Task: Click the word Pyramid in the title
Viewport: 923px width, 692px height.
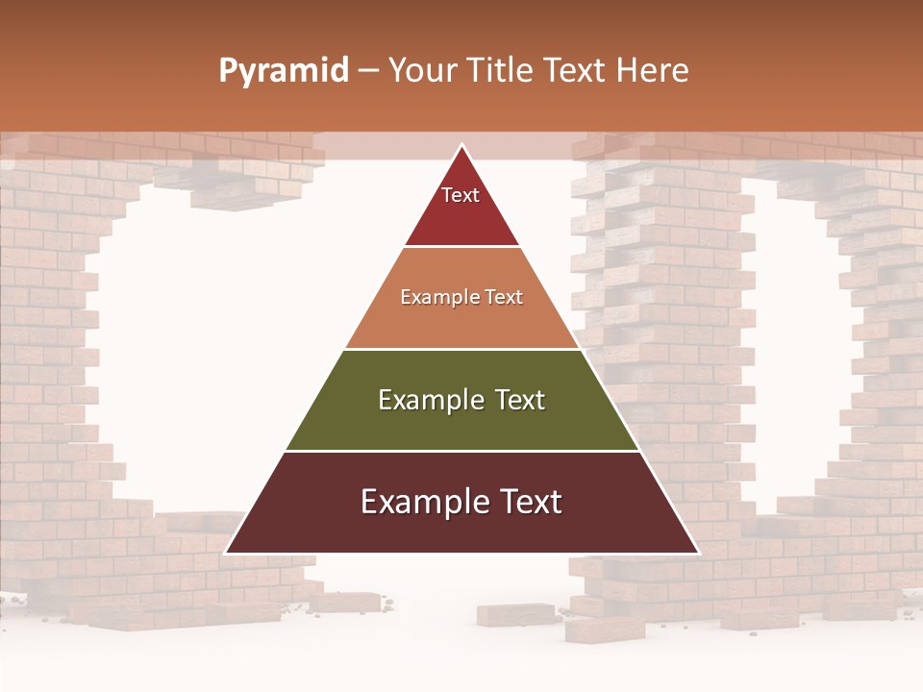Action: [x=283, y=71]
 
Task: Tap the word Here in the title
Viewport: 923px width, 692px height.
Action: [x=652, y=70]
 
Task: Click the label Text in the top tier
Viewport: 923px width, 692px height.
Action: [x=461, y=195]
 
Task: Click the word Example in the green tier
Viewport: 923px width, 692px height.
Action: [x=428, y=400]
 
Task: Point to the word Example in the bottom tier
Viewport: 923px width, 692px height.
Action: [x=420, y=502]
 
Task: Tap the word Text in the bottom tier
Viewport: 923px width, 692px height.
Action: [x=529, y=502]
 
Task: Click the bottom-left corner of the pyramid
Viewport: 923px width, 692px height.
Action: [x=226, y=554]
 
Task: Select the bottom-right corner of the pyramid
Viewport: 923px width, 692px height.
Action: [x=698, y=554]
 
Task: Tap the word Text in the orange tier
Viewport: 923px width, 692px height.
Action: [x=502, y=297]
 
